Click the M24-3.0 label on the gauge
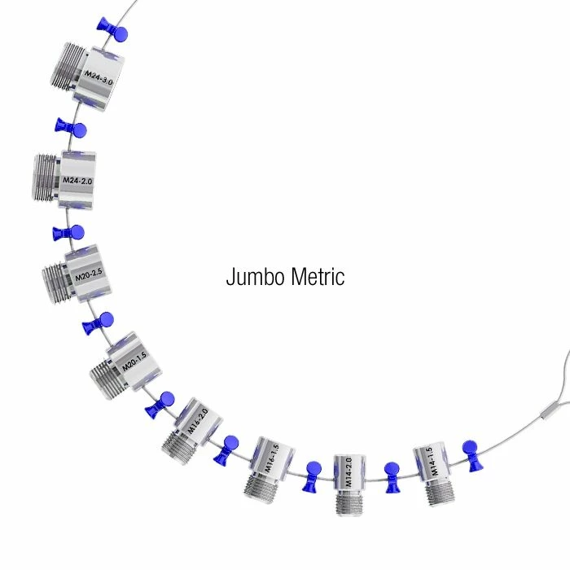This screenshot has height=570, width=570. (x=99, y=77)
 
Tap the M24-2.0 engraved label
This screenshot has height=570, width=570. (x=77, y=180)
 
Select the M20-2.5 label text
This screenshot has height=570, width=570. (x=89, y=275)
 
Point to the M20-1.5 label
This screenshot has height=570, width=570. (x=134, y=361)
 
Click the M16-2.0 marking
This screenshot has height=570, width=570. (x=198, y=421)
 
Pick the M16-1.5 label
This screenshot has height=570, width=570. (x=271, y=458)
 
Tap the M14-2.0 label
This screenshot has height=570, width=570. (x=349, y=472)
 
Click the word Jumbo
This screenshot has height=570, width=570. (x=255, y=277)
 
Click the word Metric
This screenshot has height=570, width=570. (x=318, y=277)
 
